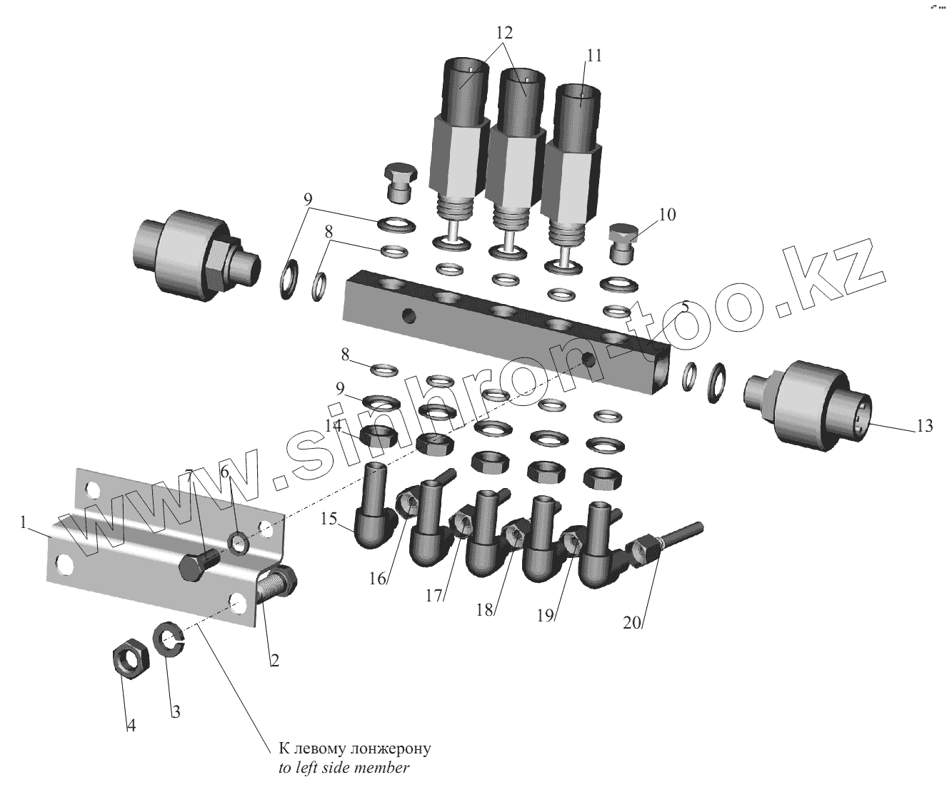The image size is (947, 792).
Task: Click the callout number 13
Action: coord(923,427)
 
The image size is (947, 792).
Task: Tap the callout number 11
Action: coord(594,56)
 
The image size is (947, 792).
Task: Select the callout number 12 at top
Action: coord(504,33)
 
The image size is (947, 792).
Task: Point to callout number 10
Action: coord(667,215)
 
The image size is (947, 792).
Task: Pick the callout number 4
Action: coord(131,726)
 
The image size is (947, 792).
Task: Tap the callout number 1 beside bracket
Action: coord(24,523)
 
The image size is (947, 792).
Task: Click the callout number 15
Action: coord(329,519)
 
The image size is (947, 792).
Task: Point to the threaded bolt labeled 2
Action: coord(276,584)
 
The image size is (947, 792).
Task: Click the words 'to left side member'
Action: coord(344,768)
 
